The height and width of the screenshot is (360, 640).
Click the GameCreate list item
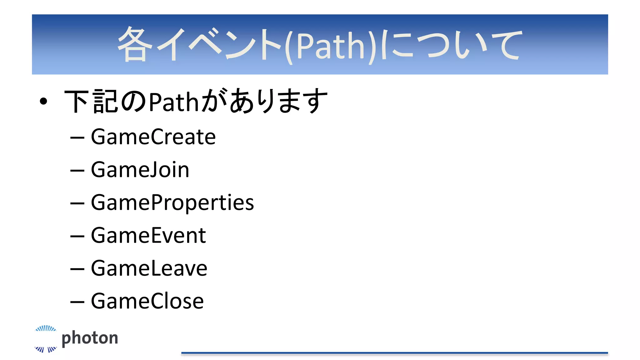(x=153, y=137)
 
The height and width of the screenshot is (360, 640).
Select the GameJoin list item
(x=140, y=170)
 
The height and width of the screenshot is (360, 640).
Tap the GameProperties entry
(x=172, y=202)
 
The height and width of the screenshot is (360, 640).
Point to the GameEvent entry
(x=148, y=235)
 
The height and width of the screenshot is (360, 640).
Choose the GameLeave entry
(x=149, y=268)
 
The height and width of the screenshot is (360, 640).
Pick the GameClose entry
(x=147, y=301)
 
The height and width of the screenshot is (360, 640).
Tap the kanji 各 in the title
(x=135, y=44)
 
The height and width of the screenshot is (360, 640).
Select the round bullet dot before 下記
(x=43, y=101)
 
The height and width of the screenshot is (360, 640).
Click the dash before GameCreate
(x=77, y=137)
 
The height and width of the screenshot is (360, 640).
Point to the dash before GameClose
(x=77, y=302)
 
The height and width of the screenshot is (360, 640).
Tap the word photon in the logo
(x=90, y=338)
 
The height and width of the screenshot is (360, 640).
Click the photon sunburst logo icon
(x=46, y=339)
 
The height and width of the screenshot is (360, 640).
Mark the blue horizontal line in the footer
(x=394, y=353)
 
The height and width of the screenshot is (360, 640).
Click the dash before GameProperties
(x=77, y=203)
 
